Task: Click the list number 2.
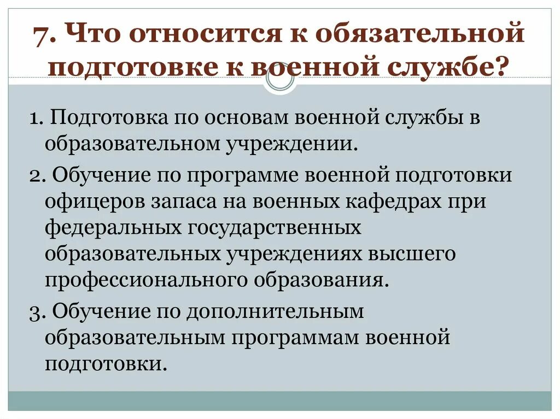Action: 34,176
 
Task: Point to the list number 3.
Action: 34,312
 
